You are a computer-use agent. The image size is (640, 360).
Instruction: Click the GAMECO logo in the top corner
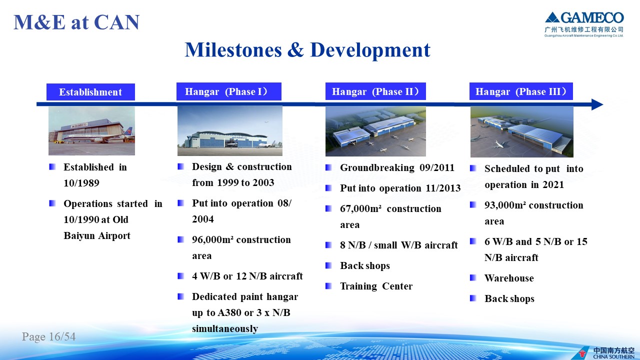(584, 24)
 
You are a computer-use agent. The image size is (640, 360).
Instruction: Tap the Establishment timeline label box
(90, 92)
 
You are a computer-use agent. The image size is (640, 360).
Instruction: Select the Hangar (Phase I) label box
(229, 91)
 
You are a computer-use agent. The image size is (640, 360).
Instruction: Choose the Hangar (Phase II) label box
(375, 91)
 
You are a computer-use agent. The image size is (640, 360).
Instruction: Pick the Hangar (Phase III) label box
(521, 91)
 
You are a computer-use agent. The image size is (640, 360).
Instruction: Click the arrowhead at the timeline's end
(597, 104)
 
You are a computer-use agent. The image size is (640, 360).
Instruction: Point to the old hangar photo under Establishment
(91, 131)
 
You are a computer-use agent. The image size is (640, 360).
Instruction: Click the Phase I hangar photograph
(230, 131)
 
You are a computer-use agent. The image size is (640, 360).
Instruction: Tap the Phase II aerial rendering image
(375, 131)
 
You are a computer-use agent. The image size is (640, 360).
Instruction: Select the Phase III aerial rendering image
(522, 131)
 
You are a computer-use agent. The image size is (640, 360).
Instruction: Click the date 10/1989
(81, 183)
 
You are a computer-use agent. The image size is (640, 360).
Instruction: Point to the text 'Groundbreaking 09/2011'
(397, 167)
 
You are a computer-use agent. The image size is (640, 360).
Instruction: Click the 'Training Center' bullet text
(376, 286)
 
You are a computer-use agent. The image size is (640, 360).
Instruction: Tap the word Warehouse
(509, 278)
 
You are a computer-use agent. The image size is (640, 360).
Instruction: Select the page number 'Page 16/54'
(49, 336)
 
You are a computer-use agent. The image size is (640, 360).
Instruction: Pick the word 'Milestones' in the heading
(233, 50)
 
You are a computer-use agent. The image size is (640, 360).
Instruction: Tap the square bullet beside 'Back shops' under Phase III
(473, 298)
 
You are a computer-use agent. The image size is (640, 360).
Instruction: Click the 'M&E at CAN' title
(76, 22)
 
